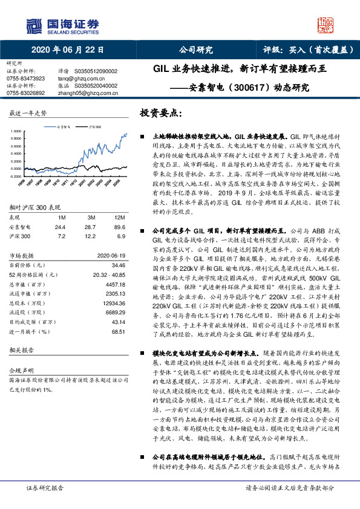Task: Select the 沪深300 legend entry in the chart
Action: click(92, 128)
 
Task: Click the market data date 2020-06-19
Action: click(110, 256)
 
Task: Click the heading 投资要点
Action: click(160, 113)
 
